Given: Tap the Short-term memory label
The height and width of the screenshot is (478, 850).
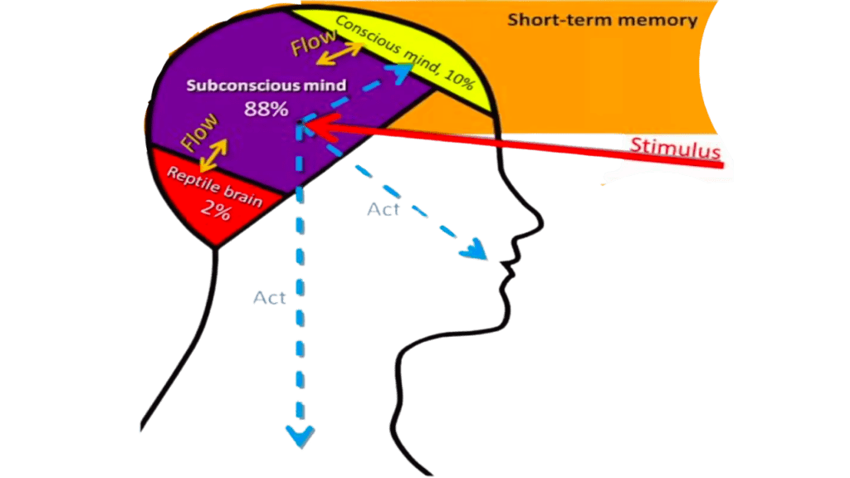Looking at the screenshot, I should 602,20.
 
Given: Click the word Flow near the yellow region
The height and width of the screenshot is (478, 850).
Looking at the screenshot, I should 314,42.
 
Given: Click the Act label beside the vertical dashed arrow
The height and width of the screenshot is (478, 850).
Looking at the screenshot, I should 270,298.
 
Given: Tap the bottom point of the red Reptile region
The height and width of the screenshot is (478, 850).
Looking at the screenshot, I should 216,246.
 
